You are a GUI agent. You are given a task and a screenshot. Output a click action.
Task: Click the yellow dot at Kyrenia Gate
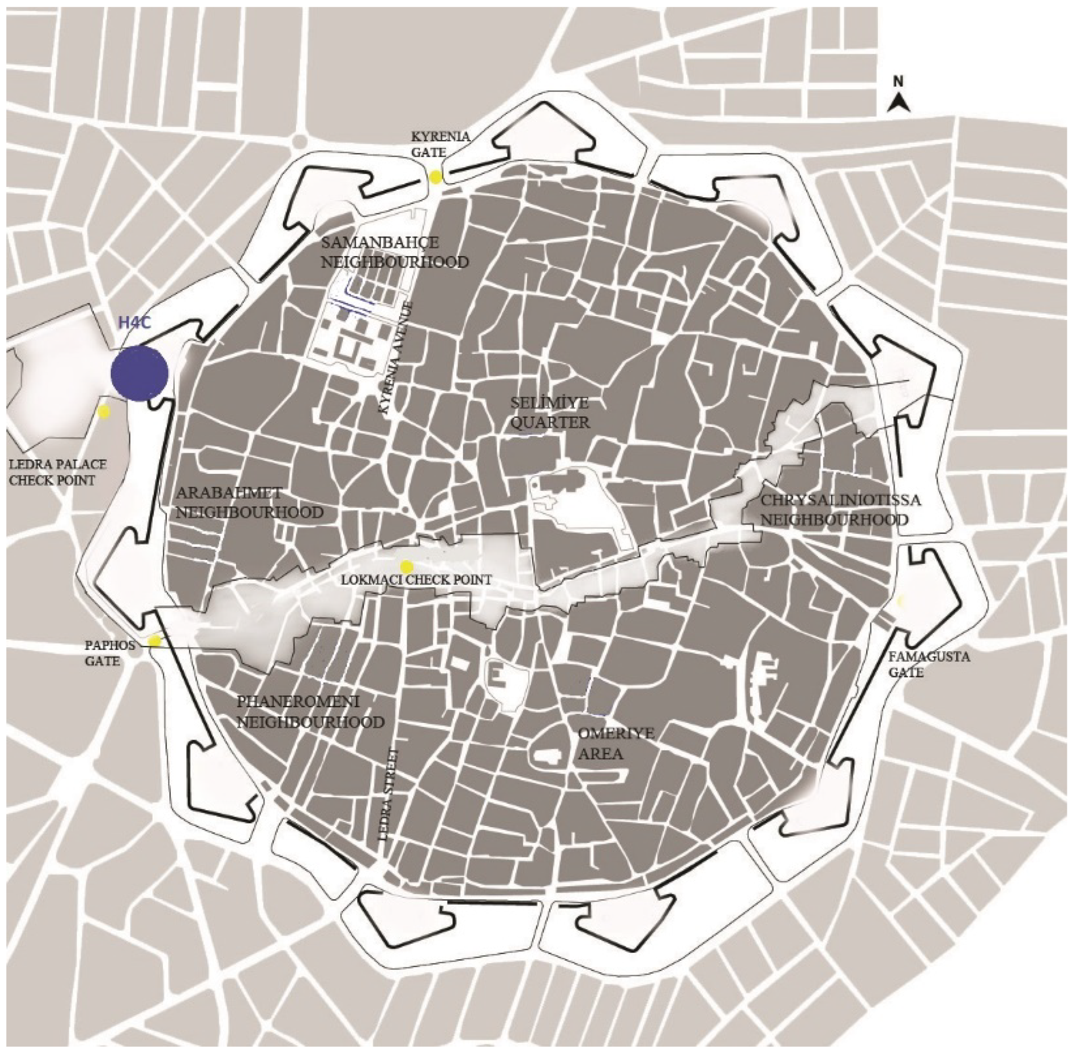click(436, 177)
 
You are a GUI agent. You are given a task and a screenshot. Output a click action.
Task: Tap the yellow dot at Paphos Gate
click(154, 641)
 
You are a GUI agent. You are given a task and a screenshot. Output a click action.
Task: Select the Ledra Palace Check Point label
click(57, 472)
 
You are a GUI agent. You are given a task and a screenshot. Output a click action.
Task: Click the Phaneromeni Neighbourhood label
click(310, 711)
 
